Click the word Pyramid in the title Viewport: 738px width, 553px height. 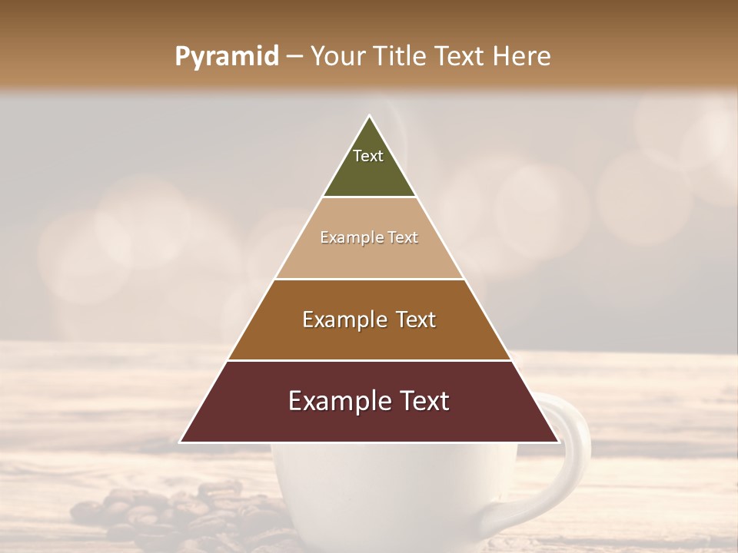pos(226,57)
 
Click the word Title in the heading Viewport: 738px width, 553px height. pos(399,57)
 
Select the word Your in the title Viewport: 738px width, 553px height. pos(337,57)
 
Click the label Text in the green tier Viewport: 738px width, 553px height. pos(368,156)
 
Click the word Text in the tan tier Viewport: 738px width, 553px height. pos(404,238)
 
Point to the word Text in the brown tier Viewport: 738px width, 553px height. pos(416,320)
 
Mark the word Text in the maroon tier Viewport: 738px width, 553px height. pos(426,401)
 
